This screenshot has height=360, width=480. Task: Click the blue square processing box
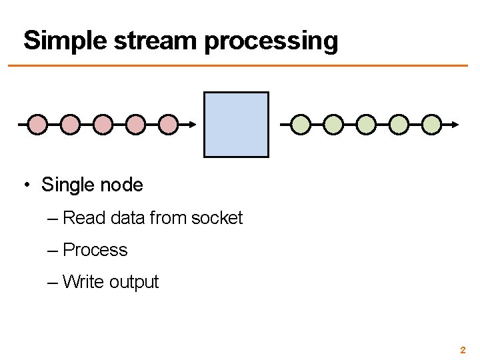[x=236, y=125]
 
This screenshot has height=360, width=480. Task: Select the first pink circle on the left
[x=38, y=124]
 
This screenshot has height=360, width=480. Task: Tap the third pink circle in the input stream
[x=103, y=124]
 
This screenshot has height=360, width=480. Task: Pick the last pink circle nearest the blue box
[x=169, y=124]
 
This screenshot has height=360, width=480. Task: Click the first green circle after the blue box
[x=301, y=124]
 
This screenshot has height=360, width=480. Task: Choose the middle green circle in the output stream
[x=367, y=124]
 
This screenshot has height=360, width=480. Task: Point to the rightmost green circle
[x=432, y=124]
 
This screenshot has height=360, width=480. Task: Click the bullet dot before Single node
[x=27, y=185]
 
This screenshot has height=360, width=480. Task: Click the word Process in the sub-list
[x=95, y=250]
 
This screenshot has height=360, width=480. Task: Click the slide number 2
[x=463, y=349]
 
